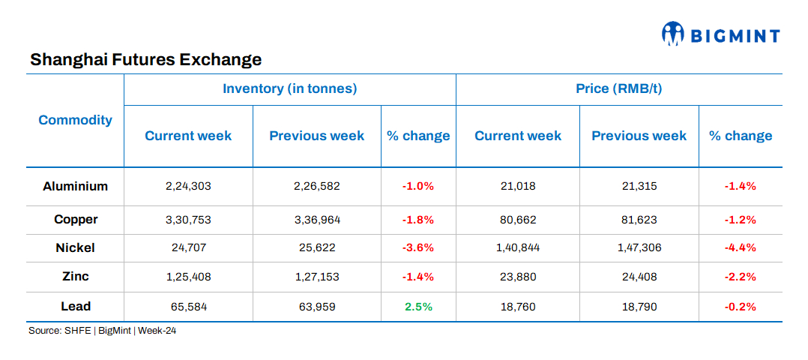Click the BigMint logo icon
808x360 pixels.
click(x=673, y=33)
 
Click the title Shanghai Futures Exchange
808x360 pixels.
click(x=145, y=59)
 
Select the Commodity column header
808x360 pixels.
click(x=75, y=120)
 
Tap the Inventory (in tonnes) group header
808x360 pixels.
click(x=289, y=88)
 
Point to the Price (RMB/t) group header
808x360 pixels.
click(x=618, y=88)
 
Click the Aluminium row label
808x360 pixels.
click(x=75, y=186)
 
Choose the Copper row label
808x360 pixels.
click(x=75, y=220)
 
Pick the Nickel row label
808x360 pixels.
click(x=75, y=247)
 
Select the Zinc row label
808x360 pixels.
click(x=75, y=276)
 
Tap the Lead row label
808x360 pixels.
click(x=75, y=306)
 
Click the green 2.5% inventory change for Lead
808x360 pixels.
click(x=418, y=306)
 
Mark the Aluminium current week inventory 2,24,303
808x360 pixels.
click(x=188, y=186)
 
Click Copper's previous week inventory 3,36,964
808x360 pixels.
click(x=316, y=220)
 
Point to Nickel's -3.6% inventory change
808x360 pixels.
click(x=418, y=247)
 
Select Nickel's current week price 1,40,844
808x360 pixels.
click(x=517, y=247)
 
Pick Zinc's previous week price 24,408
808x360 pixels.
click(x=639, y=277)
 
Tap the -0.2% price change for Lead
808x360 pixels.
click(x=740, y=306)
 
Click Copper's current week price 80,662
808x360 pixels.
click(x=517, y=220)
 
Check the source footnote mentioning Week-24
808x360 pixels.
click(x=102, y=331)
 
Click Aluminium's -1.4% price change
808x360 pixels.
click(x=740, y=186)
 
